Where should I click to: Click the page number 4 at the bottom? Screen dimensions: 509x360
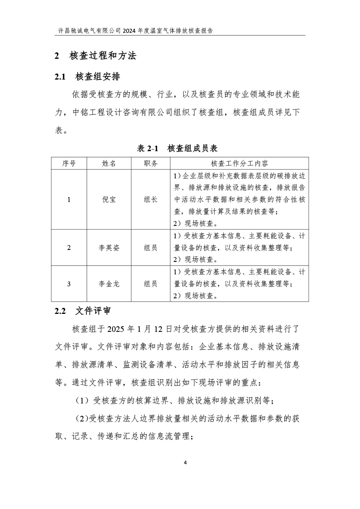[185, 463]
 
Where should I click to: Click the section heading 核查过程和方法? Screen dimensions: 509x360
[103, 56]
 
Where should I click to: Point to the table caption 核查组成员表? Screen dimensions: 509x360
[192, 148]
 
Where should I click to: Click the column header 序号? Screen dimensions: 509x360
[69, 164]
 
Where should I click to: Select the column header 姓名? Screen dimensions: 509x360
[109, 164]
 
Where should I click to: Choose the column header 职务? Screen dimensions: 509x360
[150, 164]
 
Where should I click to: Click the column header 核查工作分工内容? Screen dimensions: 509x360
[239, 164]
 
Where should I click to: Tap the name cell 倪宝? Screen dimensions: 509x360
[109, 200]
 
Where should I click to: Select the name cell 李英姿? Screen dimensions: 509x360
[109, 248]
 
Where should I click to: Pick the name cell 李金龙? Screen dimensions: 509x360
[109, 284]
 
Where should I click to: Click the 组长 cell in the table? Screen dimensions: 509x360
[150, 200]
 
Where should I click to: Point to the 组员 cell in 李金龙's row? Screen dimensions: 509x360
[150, 284]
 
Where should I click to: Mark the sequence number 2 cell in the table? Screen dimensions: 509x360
[69, 248]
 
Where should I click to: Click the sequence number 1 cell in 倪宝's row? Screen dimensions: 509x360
[69, 200]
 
